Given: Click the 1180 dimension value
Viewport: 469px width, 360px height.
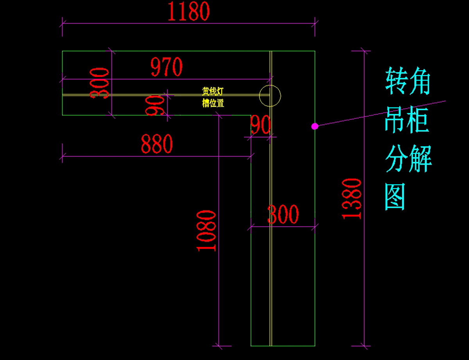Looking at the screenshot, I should point(189,11).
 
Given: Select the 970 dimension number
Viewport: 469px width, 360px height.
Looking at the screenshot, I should point(167,67).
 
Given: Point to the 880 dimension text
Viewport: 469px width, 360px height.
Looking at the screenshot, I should point(157,144).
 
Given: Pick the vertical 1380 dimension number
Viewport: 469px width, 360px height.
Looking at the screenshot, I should point(351,198).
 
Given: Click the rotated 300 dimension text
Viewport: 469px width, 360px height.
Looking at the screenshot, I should point(99,83).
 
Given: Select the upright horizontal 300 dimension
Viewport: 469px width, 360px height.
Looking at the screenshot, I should point(283,215).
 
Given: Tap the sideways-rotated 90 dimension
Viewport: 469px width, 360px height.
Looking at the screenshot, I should point(155,105).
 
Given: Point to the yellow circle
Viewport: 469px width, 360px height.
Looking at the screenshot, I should point(270,96).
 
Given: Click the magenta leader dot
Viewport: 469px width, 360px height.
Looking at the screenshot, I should point(314,126).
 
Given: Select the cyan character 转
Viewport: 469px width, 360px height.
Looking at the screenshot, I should point(397,81).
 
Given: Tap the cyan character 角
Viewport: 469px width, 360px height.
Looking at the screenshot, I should point(420,81).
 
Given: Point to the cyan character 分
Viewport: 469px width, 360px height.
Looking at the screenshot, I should point(397,159).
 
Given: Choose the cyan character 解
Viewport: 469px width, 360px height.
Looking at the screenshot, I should point(420,159).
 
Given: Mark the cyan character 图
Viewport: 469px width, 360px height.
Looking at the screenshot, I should point(396,197).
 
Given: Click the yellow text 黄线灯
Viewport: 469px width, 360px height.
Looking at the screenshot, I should point(213,91).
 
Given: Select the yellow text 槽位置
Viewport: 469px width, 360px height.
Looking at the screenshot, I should point(213,104).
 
